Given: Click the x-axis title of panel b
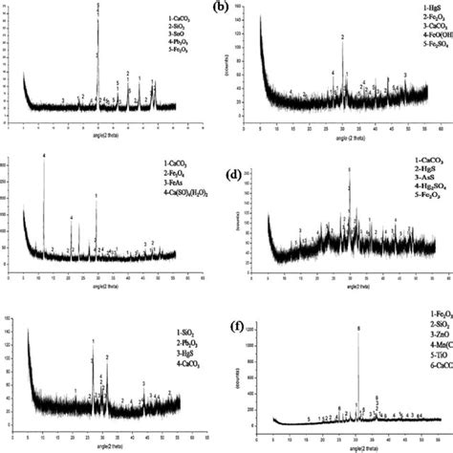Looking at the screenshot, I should [334, 140].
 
